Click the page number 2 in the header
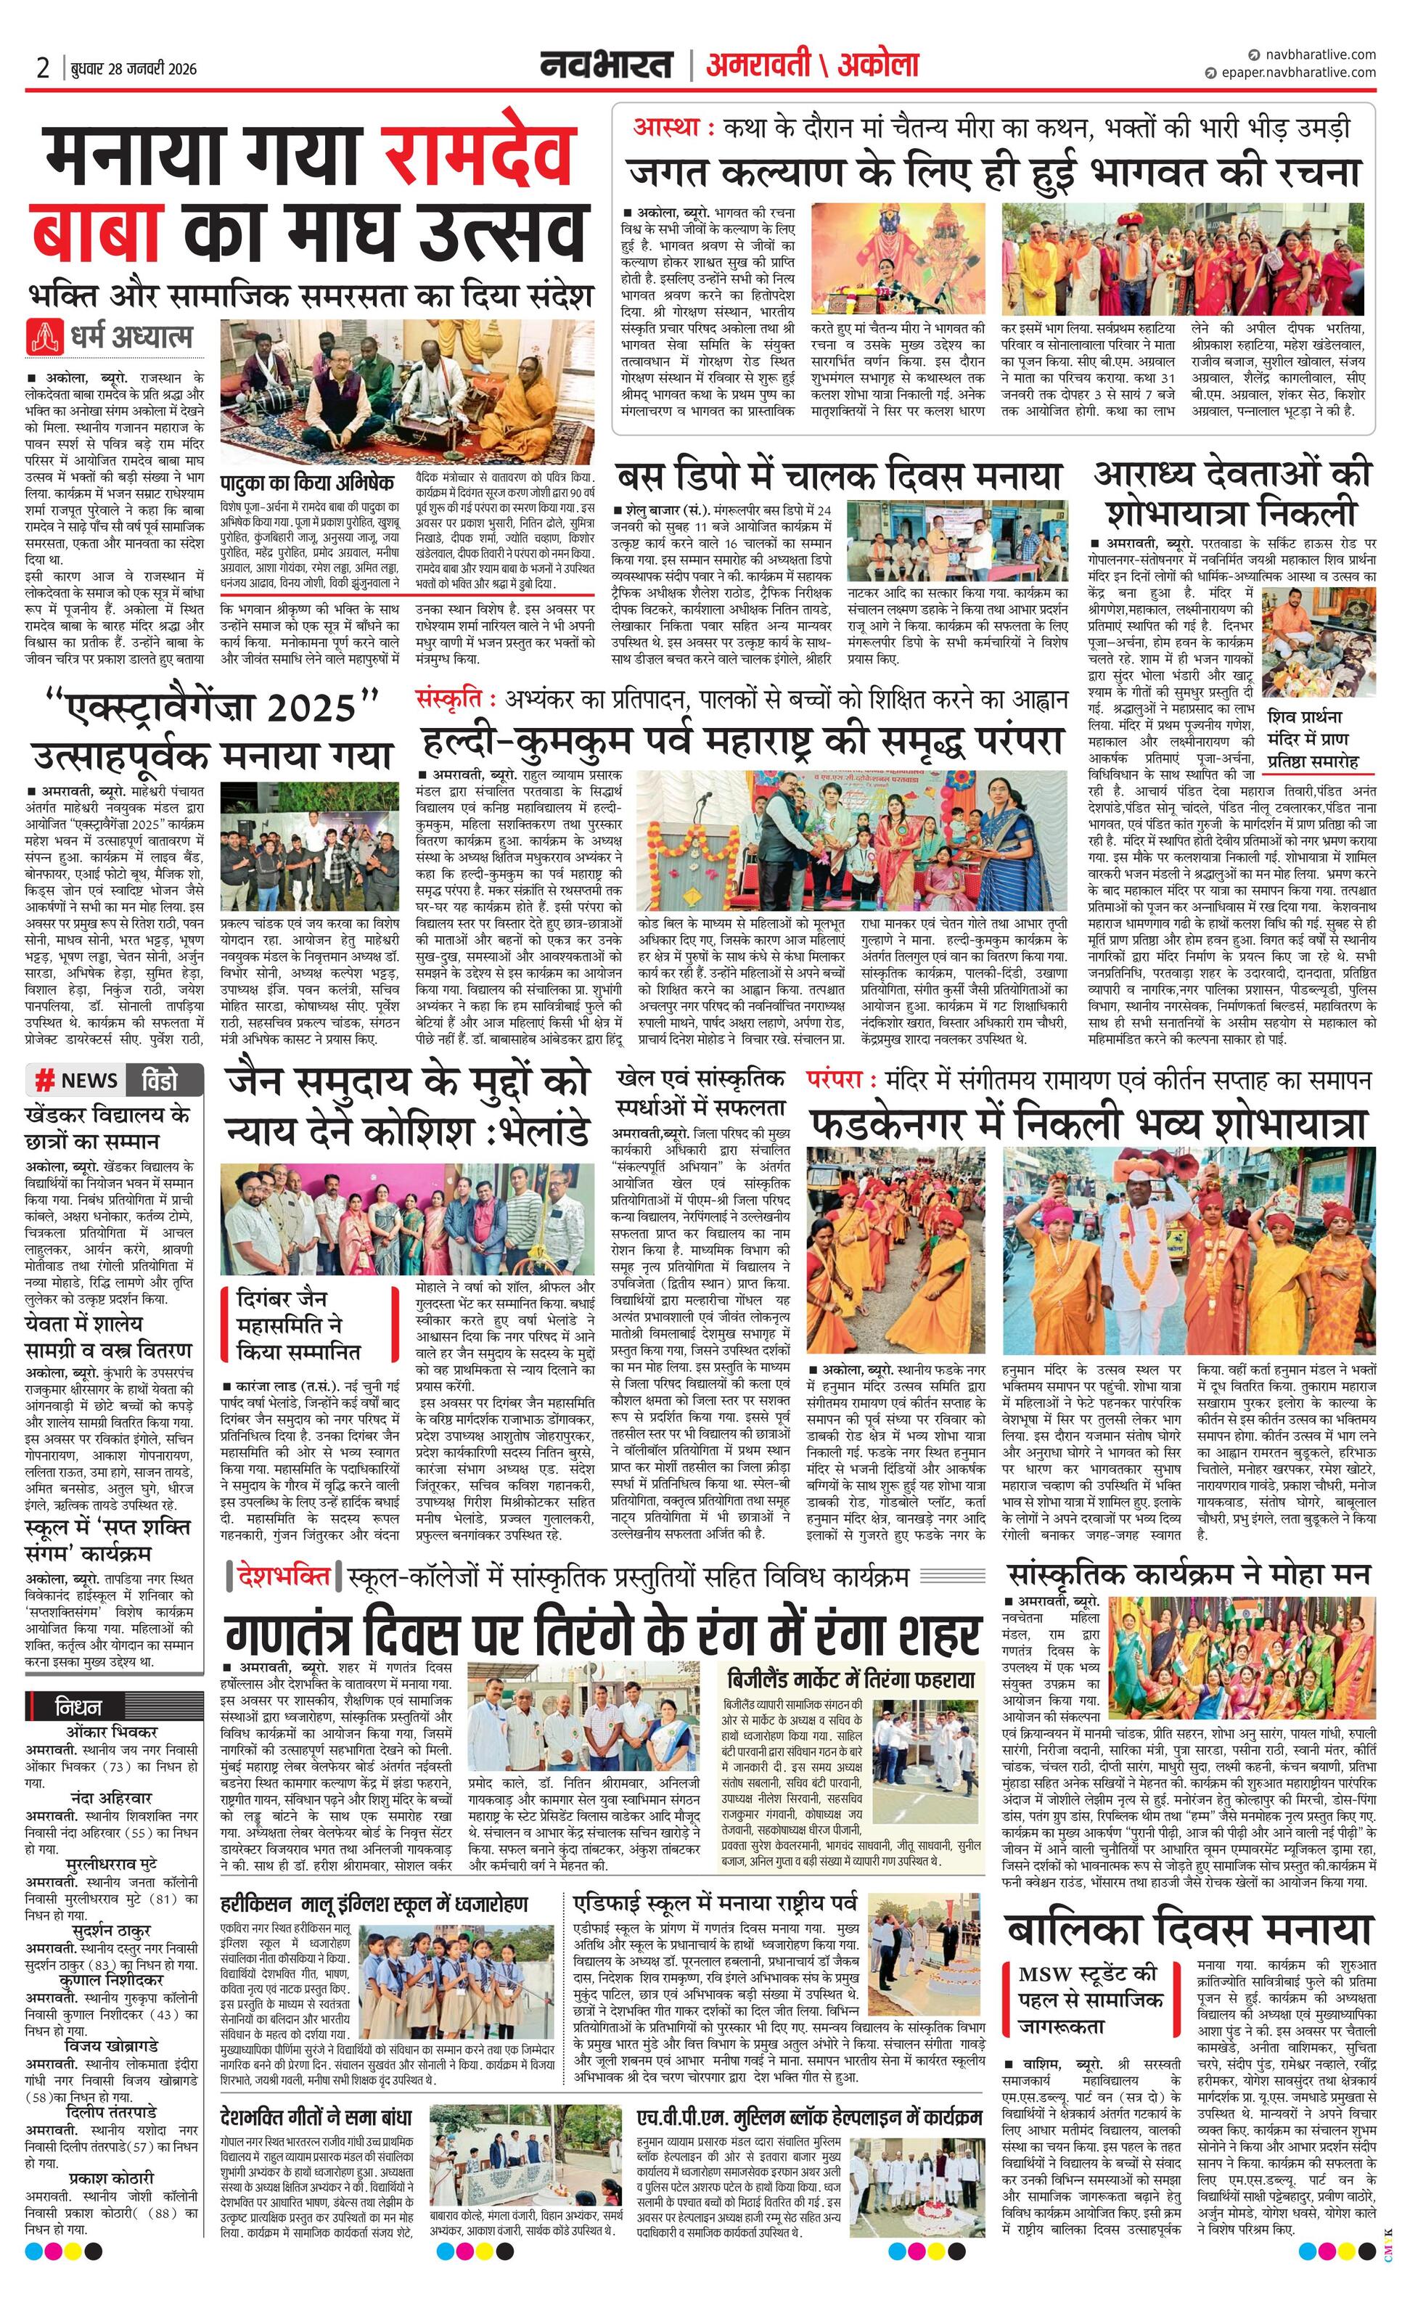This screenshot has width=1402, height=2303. tap(42, 68)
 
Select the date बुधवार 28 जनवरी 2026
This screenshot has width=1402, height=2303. tap(134, 68)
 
